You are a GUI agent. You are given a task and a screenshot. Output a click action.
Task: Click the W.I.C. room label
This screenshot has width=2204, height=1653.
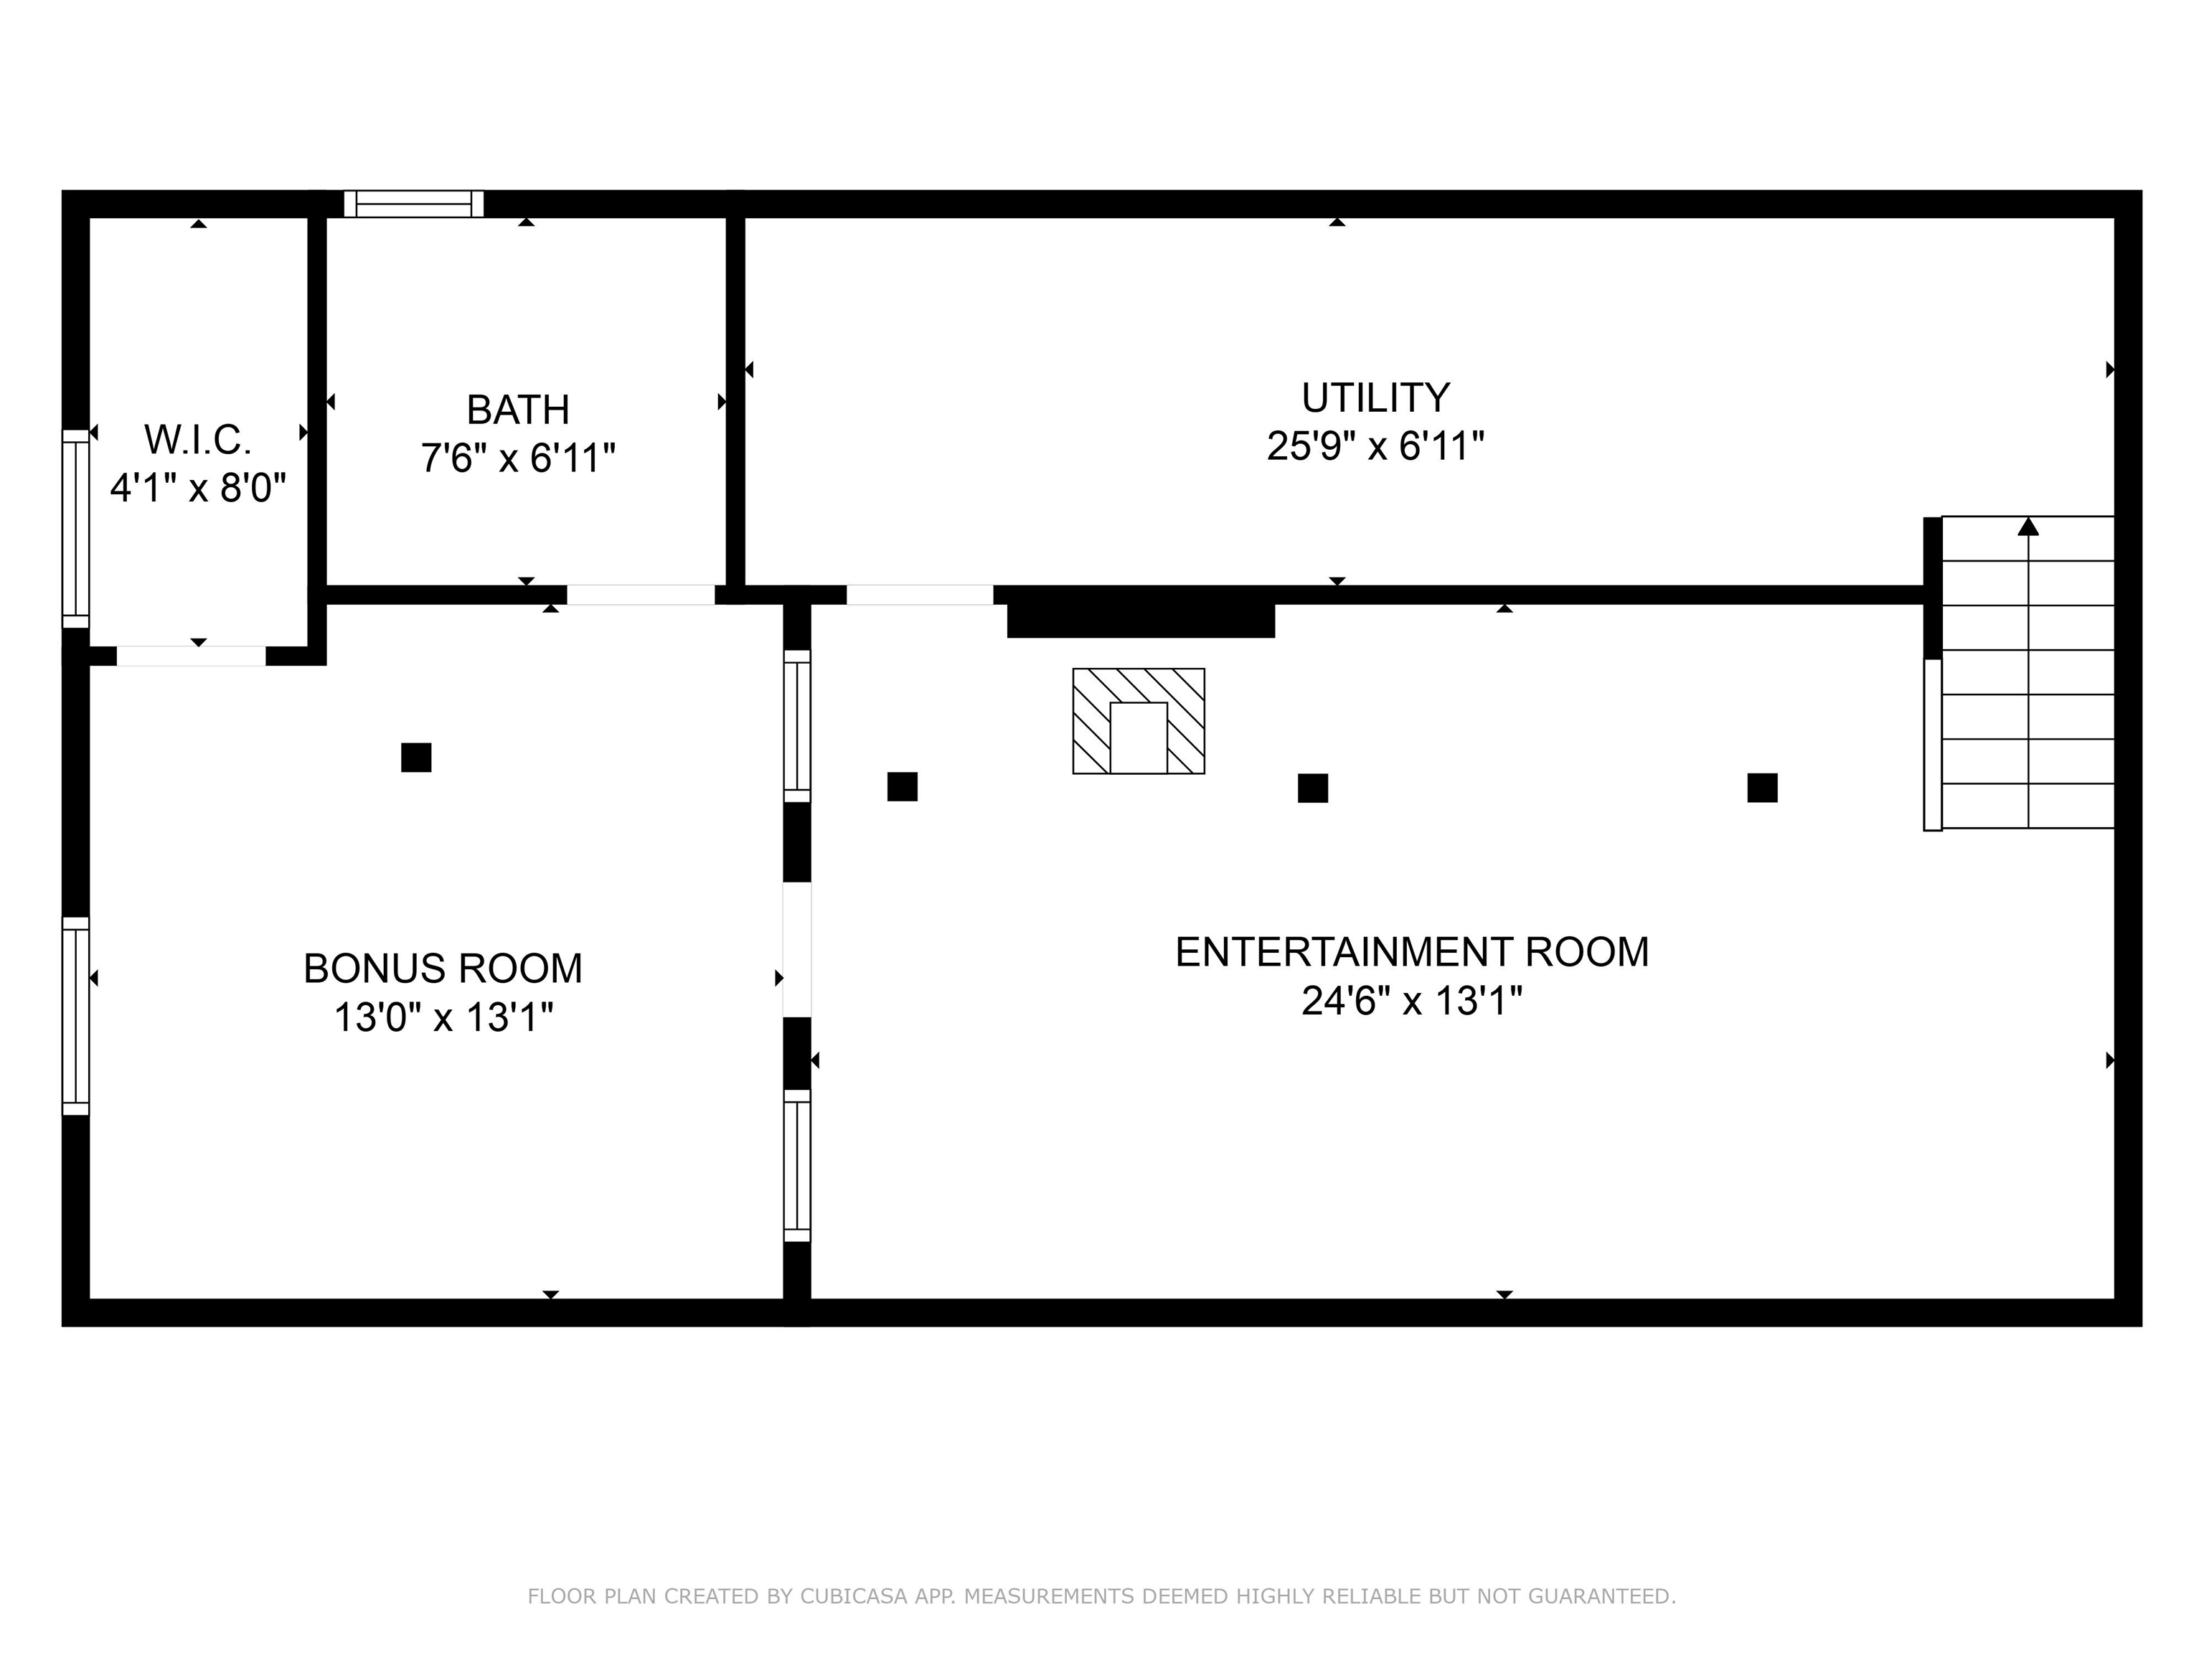pos(198,438)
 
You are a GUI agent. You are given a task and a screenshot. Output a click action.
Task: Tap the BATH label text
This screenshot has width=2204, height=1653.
pos(518,410)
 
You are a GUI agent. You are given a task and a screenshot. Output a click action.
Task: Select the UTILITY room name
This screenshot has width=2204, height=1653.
pos(1375,397)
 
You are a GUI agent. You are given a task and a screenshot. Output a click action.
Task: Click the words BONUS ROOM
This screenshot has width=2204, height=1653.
pos(443,969)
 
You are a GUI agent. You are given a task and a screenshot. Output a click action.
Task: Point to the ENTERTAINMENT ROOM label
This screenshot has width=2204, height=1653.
pos(1412,951)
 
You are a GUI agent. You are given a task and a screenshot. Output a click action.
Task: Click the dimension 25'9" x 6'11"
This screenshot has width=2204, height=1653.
pos(1375,446)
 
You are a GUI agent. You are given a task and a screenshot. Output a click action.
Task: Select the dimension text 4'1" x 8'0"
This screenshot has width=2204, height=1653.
pos(198,489)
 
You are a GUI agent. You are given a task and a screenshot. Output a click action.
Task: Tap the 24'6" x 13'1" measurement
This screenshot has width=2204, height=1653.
pos(1412,1000)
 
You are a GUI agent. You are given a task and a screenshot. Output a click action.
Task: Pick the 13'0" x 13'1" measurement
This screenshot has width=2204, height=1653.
pos(443,1017)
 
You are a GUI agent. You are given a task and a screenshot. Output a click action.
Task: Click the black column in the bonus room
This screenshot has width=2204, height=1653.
pos(417,757)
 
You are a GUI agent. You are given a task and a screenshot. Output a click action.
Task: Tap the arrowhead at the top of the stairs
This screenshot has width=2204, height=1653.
pos(2028,526)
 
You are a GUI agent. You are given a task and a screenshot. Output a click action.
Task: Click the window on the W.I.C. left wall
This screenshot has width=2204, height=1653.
pos(76,529)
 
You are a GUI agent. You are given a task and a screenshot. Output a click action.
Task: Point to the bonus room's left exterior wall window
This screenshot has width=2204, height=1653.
pos(76,1015)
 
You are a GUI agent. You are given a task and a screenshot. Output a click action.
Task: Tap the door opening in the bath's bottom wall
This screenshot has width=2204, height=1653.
pos(641,595)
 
